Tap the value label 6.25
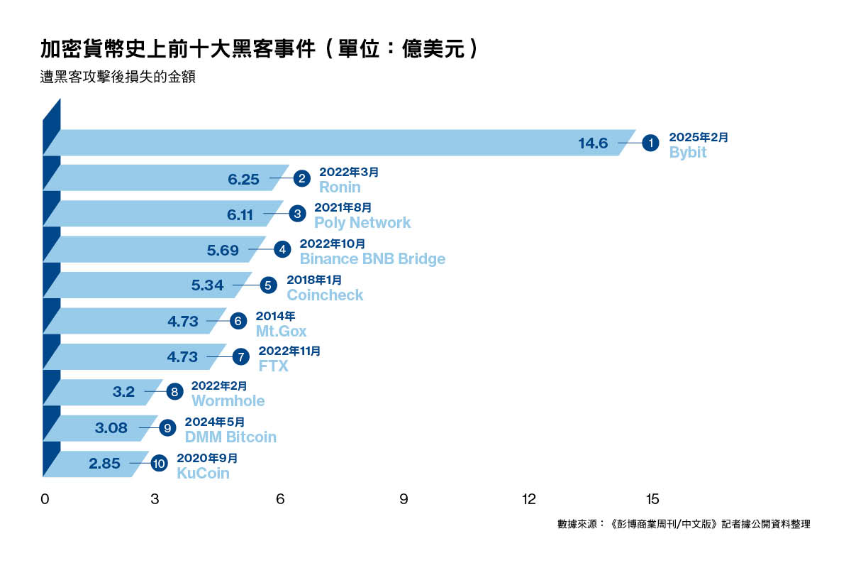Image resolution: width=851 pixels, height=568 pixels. tap(243, 179)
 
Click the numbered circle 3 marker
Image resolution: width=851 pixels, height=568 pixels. tap(298, 214)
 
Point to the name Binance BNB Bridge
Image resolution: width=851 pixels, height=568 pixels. tap(372, 258)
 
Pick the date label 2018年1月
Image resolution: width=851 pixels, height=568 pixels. tap(313, 280)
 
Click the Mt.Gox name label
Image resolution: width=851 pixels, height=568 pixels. tap(281, 331)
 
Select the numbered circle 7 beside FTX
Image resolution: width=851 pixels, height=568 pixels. tap(242, 357)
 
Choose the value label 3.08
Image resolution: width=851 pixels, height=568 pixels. tap(111, 428)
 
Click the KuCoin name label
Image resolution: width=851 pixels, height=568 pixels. tap(203, 473)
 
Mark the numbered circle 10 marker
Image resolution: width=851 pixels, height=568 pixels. tap(159, 464)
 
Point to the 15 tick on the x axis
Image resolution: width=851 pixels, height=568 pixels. tap(652, 498)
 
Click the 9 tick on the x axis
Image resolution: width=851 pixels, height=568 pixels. tap(404, 498)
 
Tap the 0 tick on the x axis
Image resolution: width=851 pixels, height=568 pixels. tap(45, 498)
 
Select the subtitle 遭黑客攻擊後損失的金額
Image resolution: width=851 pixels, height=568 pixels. tap(118, 77)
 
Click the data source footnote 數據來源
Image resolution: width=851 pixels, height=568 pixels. tap(684, 524)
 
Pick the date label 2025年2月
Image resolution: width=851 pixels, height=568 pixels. tap(699, 137)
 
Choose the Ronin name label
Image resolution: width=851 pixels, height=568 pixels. tap(340, 187)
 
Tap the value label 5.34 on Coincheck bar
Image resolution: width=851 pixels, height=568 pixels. tap(207, 285)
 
